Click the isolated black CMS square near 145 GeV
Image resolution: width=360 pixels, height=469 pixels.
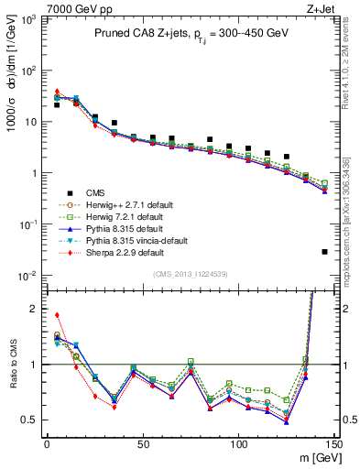pos(325,252)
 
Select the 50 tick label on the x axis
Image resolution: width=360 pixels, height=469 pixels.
pos(142,445)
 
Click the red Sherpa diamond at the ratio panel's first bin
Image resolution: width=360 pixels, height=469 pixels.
pos(57,315)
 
